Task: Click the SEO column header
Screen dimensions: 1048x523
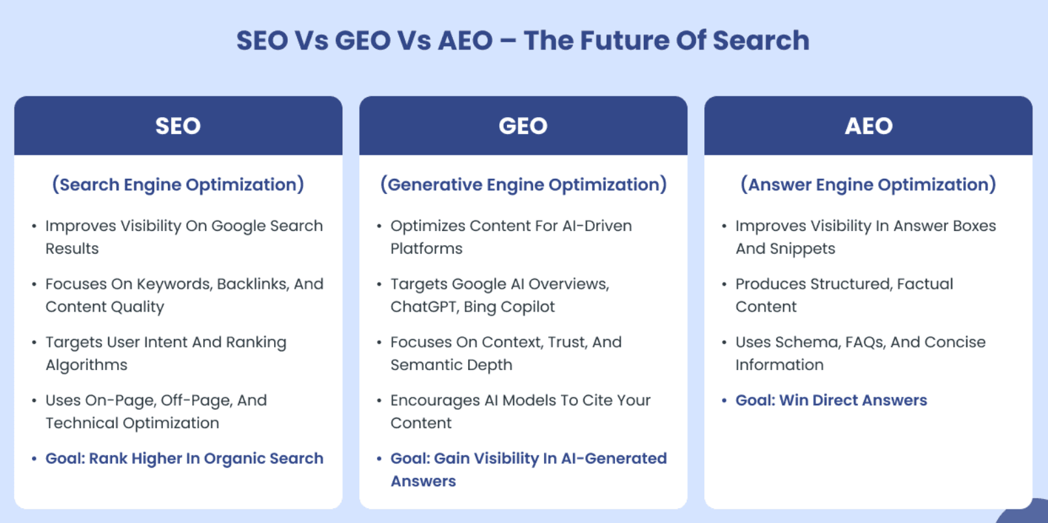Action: pyautogui.click(x=178, y=126)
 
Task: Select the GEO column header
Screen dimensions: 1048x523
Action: pyautogui.click(x=523, y=126)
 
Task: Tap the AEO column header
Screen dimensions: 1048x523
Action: pyautogui.click(x=869, y=126)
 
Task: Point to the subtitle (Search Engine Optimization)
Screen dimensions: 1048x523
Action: pyautogui.click(x=178, y=185)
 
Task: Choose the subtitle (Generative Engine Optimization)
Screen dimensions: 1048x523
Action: pyautogui.click(x=523, y=185)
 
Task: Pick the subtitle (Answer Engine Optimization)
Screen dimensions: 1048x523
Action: pyautogui.click(x=868, y=185)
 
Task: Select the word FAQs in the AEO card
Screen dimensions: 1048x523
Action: pyautogui.click(x=866, y=343)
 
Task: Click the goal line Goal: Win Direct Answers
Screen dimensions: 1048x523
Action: pyautogui.click(x=831, y=401)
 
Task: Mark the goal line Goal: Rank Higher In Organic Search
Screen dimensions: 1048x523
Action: pyautogui.click(x=184, y=459)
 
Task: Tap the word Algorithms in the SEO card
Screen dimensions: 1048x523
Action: pyautogui.click(x=86, y=365)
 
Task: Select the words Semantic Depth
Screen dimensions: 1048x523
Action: pyautogui.click(x=452, y=365)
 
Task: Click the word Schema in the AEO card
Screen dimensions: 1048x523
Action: pyautogui.click(x=807, y=343)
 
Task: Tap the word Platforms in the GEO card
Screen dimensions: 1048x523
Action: pyautogui.click(x=426, y=248)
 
